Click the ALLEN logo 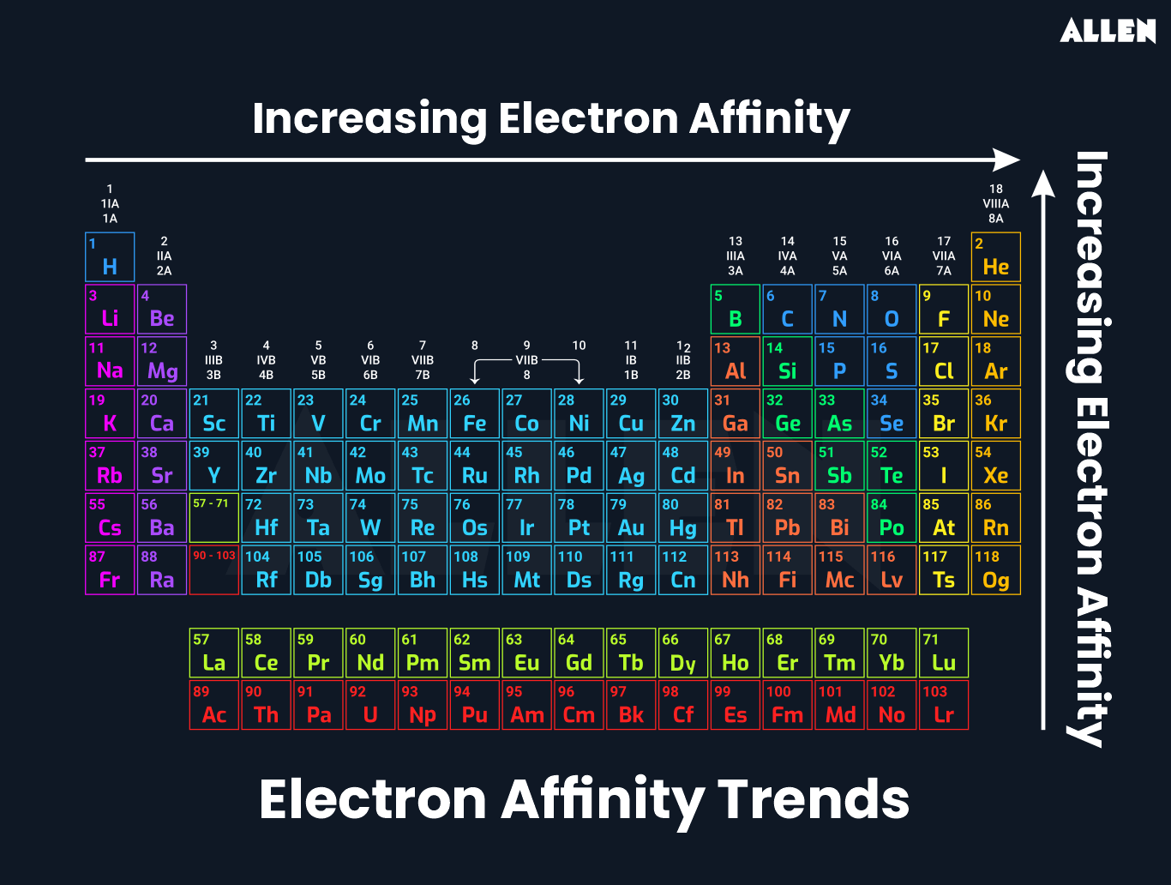click(x=1108, y=31)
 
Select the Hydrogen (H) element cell click(x=110, y=256)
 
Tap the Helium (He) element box click(x=995, y=256)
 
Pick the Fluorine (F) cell click(x=943, y=309)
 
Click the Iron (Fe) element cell click(x=474, y=413)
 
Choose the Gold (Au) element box click(x=631, y=518)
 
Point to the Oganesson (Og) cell click(x=995, y=570)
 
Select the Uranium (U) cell click(x=370, y=705)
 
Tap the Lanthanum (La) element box click(x=213, y=653)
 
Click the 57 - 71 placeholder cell click(x=213, y=518)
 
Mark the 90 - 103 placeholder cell click(x=213, y=570)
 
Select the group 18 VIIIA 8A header click(x=995, y=204)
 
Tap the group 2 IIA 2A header click(x=164, y=256)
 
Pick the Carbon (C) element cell click(x=787, y=309)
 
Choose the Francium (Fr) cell click(x=110, y=570)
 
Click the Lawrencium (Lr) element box click(x=943, y=705)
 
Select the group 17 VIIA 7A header click(x=943, y=256)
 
